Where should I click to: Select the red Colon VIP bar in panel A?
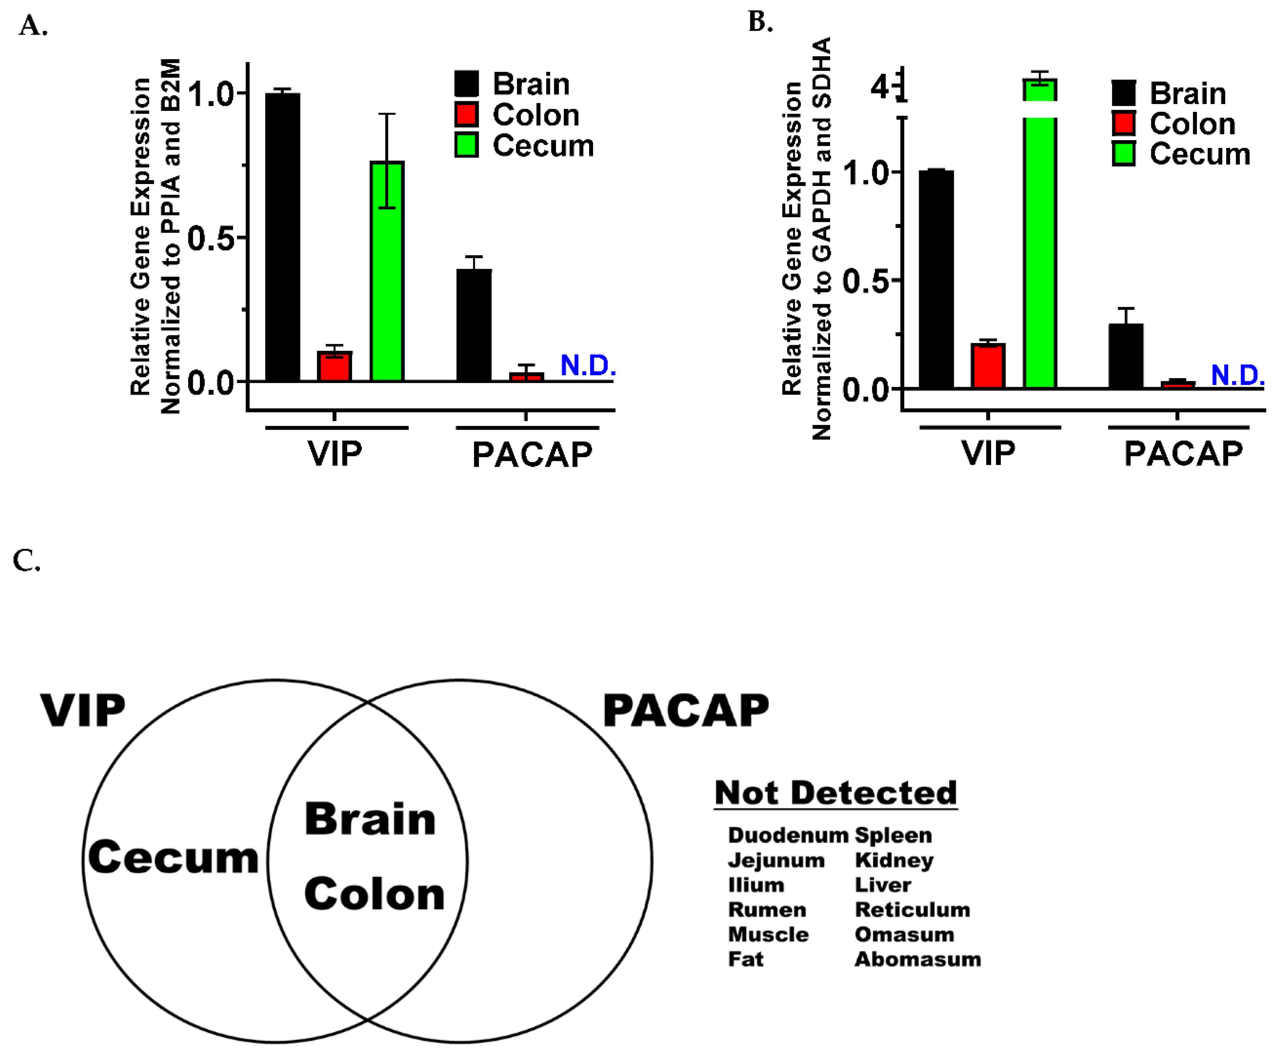(334, 366)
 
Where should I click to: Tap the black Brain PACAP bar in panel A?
(474, 326)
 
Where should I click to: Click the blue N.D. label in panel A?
(588, 366)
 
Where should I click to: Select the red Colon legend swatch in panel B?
(1123, 124)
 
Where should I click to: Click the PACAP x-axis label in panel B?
(1183, 454)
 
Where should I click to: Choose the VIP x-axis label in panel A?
(335, 454)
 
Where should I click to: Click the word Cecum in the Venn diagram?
(173, 857)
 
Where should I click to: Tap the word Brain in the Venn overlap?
(370, 819)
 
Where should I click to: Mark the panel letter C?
(26, 561)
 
